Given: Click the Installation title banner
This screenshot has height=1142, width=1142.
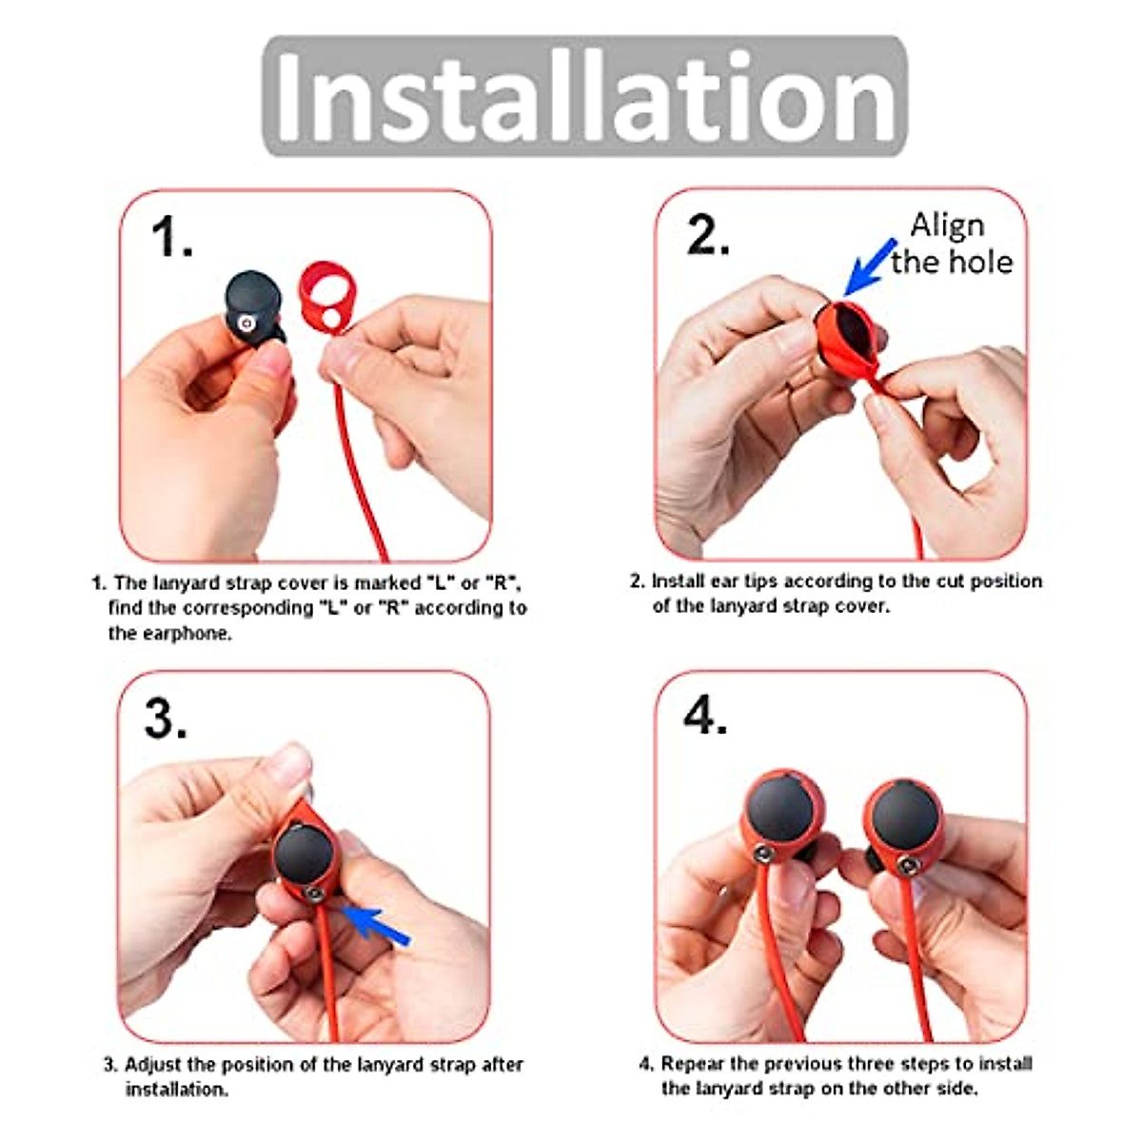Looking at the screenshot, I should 584,96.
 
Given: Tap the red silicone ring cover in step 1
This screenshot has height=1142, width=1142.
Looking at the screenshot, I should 324,296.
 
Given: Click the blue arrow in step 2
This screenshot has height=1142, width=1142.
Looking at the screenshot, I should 870,266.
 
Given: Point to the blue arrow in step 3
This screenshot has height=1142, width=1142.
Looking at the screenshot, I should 375,924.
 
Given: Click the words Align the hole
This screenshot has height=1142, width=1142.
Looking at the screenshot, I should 951,244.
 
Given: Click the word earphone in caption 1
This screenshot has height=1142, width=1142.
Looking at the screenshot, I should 187,634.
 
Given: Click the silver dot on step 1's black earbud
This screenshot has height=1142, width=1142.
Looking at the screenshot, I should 246,324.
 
